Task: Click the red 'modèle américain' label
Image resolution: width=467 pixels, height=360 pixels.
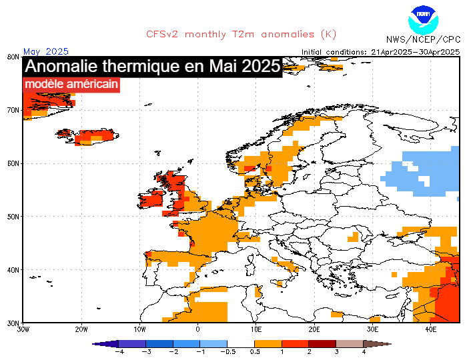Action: (71, 85)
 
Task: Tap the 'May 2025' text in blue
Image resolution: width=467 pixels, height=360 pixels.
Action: (46, 51)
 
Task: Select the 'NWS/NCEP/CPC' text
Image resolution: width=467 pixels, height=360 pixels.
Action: (423, 40)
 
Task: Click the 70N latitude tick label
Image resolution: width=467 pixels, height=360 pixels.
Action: (12, 110)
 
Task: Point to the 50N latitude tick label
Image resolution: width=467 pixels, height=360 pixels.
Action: (12, 217)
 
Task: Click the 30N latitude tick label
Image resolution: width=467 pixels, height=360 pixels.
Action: (12, 323)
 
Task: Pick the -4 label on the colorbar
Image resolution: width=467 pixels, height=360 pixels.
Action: (120, 351)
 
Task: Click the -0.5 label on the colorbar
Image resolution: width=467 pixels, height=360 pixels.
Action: (229, 351)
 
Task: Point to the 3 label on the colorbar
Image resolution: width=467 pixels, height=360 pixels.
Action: (337, 351)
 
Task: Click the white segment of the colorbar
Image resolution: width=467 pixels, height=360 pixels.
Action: (242, 343)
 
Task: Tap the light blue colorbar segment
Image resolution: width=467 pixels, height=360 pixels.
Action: (214, 343)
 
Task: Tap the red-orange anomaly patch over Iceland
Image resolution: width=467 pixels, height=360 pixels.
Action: (90, 138)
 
